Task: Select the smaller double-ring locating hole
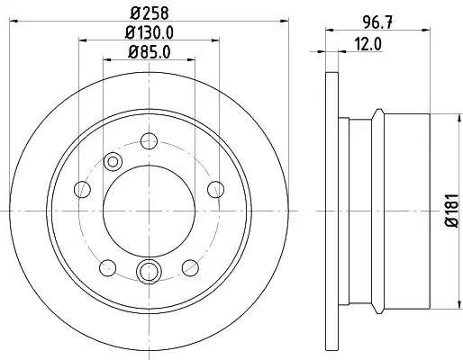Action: click(113, 161)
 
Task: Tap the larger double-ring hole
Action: click(149, 269)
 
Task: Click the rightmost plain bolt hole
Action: click(214, 189)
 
